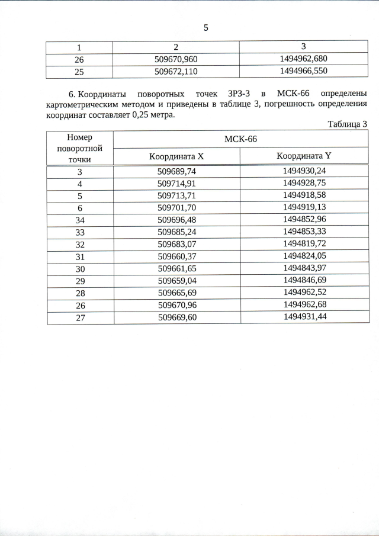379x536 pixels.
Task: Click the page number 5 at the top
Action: pyautogui.click(x=205, y=28)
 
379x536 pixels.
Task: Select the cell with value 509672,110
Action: pyautogui.click(x=176, y=71)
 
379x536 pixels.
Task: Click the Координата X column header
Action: pyautogui.click(x=176, y=156)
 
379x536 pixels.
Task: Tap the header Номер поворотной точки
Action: pyautogui.click(x=80, y=148)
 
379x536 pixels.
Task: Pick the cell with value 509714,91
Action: pyautogui.click(x=176, y=183)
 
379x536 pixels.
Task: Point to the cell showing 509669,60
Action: pyautogui.click(x=176, y=317)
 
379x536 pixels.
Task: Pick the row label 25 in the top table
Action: pyautogui.click(x=80, y=71)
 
